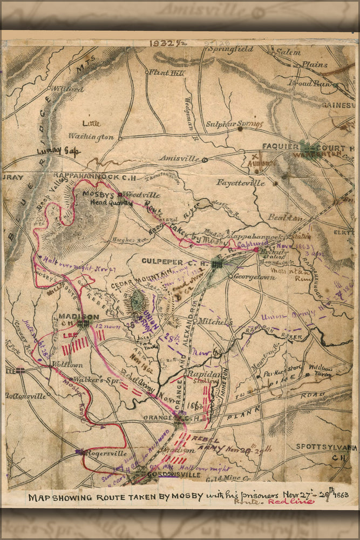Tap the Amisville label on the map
[x=179, y=158]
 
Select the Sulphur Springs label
[x=234, y=124]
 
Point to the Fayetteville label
[x=240, y=183]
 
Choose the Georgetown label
[x=254, y=277]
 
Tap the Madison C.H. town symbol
[x=83, y=324]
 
